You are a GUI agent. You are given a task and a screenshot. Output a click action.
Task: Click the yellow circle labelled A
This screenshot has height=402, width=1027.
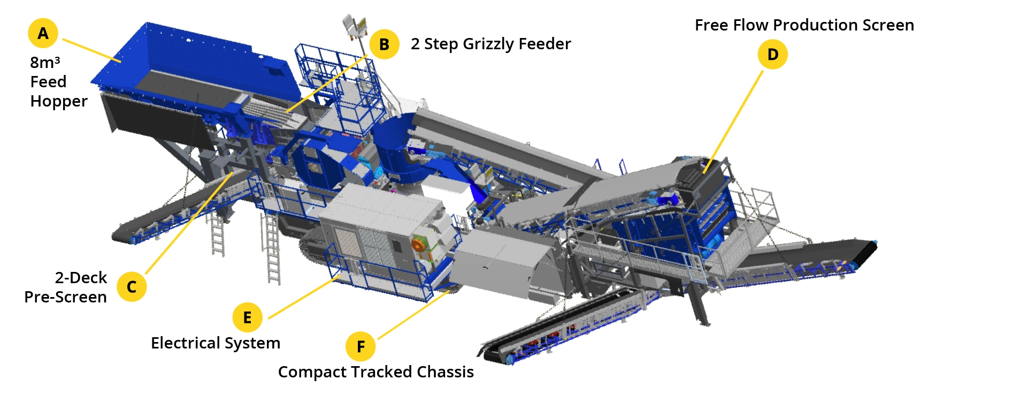[43, 33]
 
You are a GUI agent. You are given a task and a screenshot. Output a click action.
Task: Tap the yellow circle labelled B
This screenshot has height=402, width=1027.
[384, 44]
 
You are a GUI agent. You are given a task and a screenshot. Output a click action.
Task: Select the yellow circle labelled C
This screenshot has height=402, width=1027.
[132, 287]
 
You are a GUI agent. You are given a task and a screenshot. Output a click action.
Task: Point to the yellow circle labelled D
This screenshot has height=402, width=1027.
[772, 54]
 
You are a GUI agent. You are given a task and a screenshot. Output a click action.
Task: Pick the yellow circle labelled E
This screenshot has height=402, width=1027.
[247, 317]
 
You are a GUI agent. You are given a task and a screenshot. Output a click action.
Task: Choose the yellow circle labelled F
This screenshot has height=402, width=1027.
[361, 346]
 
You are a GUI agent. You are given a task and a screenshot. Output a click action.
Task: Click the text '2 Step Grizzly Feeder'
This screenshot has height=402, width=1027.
[490, 44]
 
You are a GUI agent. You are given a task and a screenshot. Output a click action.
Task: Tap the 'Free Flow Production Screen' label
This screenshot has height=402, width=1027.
[804, 25]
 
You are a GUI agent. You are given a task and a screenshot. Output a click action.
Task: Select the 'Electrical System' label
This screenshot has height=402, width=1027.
[216, 343]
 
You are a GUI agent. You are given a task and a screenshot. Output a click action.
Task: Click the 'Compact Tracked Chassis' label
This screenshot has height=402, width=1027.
[376, 372]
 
